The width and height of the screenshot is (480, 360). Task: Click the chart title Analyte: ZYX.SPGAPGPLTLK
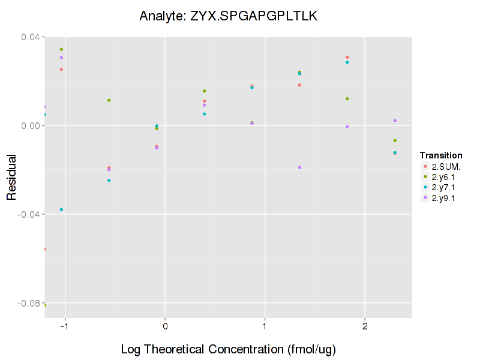tap(228, 16)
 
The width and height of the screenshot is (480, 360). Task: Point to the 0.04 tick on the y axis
tap(31, 37)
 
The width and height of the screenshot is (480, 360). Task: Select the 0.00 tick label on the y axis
tap(31, 126)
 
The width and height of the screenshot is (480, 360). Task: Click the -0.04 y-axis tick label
tap(30, 215)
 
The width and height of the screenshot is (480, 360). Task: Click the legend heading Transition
tap(440, 155)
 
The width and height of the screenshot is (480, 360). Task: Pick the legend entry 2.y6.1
tap(443, 177)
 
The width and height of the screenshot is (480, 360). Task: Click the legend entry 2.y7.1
tap(443, 188)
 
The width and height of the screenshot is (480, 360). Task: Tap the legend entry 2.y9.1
tap(443, 199)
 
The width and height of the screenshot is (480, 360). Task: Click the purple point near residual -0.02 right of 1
tap(299, 167)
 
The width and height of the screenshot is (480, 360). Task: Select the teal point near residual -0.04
tap(61, 209)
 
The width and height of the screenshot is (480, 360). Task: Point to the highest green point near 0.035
tap(61, 49)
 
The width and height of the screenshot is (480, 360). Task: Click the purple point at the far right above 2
tap(395, 121)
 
